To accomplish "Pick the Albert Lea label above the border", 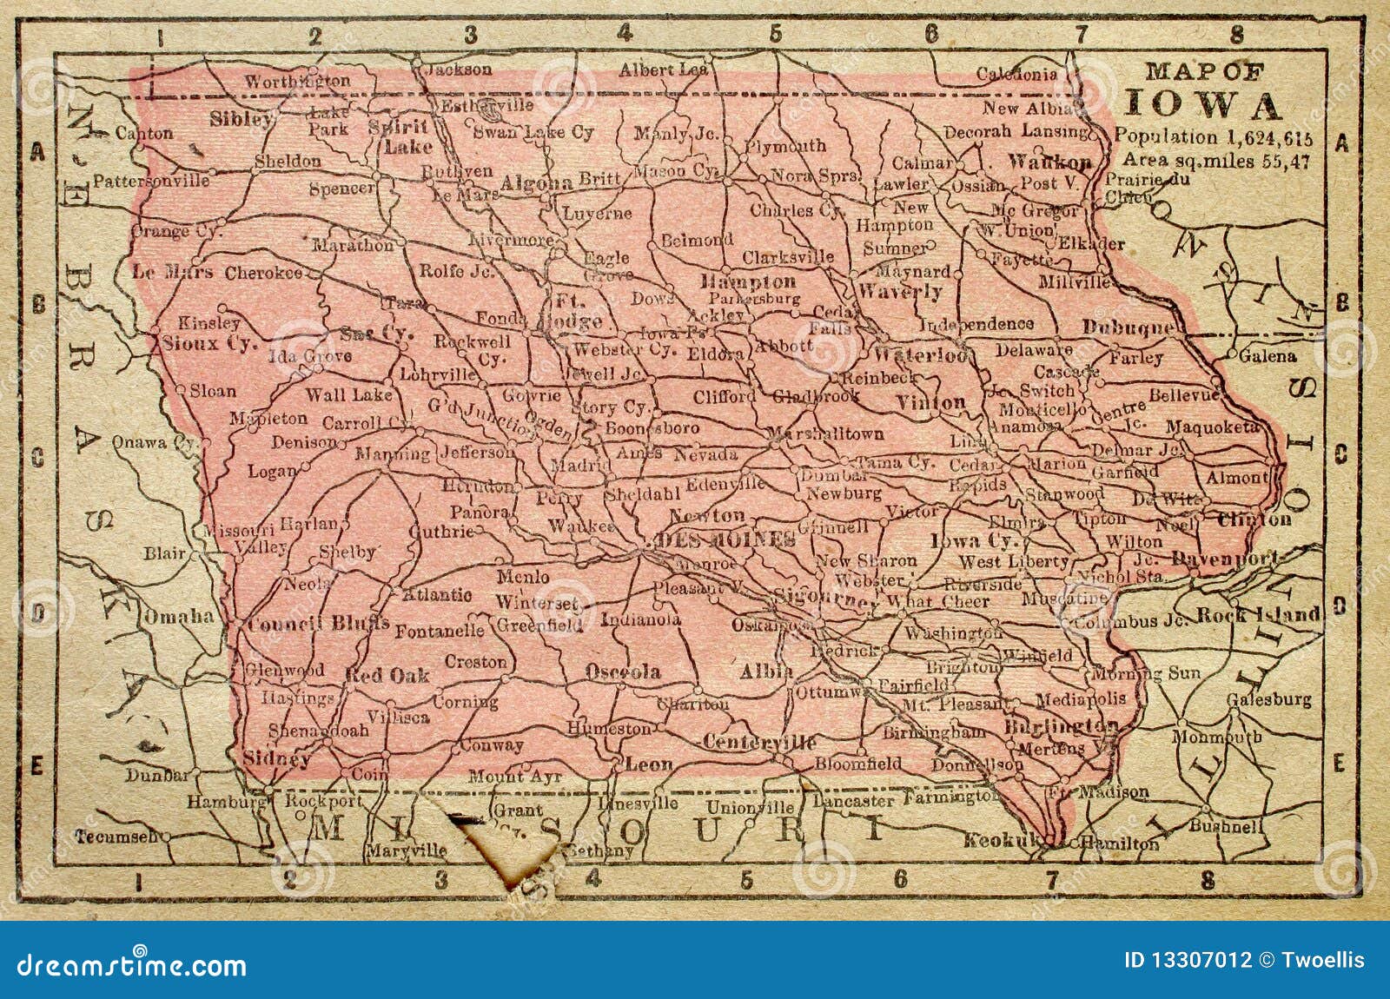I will pos(663,70).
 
